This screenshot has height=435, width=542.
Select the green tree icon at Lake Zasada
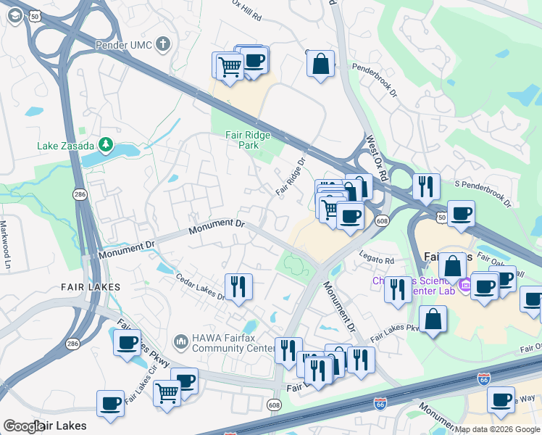tap(107, 145)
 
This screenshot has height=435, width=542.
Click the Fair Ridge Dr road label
tap(292, 174)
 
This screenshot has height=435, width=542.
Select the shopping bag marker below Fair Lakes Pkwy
tap(433, 319)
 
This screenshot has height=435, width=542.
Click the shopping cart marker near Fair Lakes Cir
tap(167, 394)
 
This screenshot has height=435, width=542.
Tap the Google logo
tap(23, 426)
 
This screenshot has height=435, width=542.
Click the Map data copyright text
tap(496, 429)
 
